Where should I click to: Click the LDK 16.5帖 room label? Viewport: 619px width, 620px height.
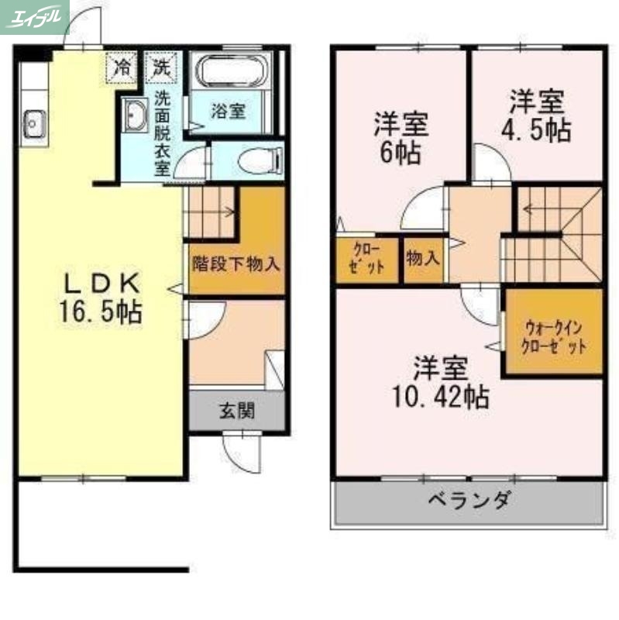pos(100,296)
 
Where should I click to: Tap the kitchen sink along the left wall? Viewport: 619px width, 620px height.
pos(34,121)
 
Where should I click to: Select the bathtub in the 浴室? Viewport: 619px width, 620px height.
pos(232,74)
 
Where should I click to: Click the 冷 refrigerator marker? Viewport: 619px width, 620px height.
pos(122,64)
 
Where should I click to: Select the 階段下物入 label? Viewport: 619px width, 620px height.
pos(236,263)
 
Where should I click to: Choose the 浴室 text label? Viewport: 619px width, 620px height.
pos(229,111)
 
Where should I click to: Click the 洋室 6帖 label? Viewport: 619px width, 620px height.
pos(401,137)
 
